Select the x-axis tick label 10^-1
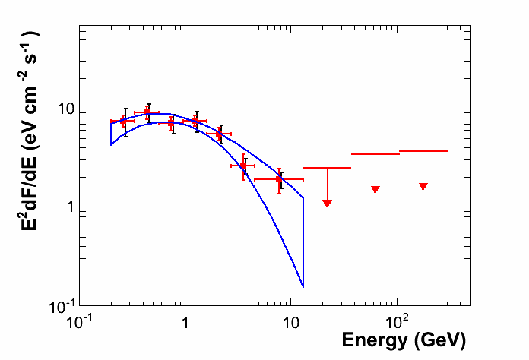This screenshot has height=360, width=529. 79,321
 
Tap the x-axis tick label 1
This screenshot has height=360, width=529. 185,322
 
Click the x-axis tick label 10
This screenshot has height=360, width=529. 290,322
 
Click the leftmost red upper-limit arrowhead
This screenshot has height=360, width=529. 327,203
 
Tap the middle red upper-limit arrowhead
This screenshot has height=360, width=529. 375,188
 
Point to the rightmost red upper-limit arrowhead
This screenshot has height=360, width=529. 423,185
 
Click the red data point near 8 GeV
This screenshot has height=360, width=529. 280,180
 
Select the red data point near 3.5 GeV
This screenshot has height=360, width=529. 243,166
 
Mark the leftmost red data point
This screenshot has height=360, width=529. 124,121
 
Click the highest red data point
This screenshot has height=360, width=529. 147,112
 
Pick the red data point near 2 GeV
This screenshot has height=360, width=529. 219,134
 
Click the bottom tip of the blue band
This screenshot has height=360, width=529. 303,287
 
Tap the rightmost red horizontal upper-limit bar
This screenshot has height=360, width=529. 423,151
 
